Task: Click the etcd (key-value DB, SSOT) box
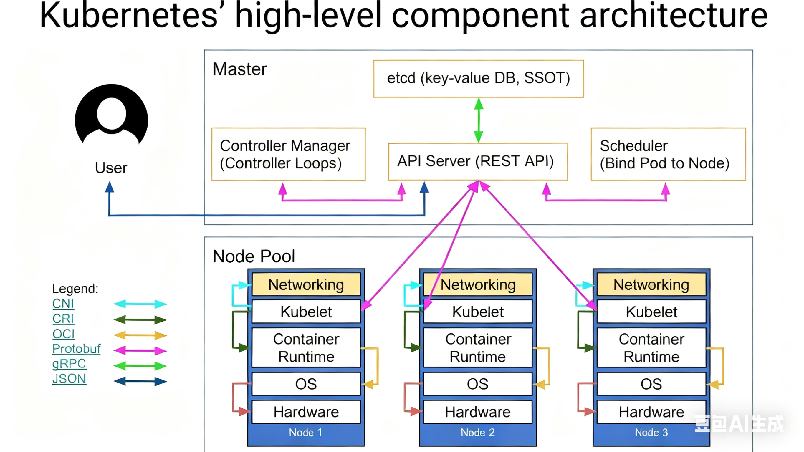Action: (x=478, y=78)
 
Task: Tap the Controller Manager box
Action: (x=288, y=154)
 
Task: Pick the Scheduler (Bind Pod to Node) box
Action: (x=668, y=154)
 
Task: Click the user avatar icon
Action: (x=111, y=115)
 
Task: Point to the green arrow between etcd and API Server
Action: (x=479, y=120)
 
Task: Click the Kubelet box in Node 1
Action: (x=306, y=312)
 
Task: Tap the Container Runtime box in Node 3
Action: (x=651, y=347)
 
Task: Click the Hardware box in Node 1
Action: (x=306, y=412)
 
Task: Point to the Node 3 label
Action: (x=651, y=432)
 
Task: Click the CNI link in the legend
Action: (x=63, y=303)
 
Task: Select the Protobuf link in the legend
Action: (x=77, y=349)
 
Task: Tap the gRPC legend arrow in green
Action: (x=140, y=365)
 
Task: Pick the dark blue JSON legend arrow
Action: (x=140, y=381)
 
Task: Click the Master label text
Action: (x=240, y=69)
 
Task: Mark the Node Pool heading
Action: (x=254, y=256)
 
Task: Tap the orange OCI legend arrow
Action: (x=140, y=335)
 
